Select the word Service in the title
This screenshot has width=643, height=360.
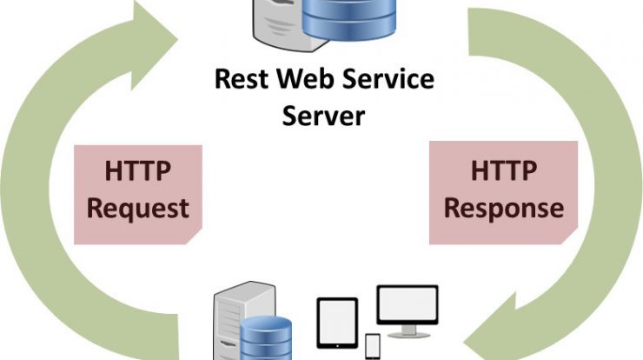[388, 79]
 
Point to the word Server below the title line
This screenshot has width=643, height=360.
[323, 116]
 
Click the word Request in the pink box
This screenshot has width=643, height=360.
[138, 209]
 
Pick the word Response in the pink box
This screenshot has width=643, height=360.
[504, 209]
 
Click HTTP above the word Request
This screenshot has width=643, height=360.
[138, 170]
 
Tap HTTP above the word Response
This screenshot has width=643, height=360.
[504, 170]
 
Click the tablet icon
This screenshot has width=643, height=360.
[337, 323]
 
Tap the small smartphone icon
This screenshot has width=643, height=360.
[373, 346]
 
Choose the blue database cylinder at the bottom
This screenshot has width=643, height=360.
[266, 338]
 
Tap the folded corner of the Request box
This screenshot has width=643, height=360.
[195, 237]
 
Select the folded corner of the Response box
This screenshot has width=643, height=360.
[569, 237]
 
